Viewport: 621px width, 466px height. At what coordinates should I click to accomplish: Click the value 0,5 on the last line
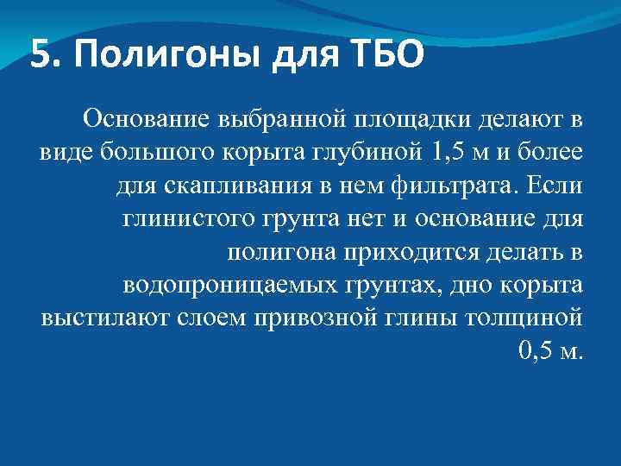coord(541,350)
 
